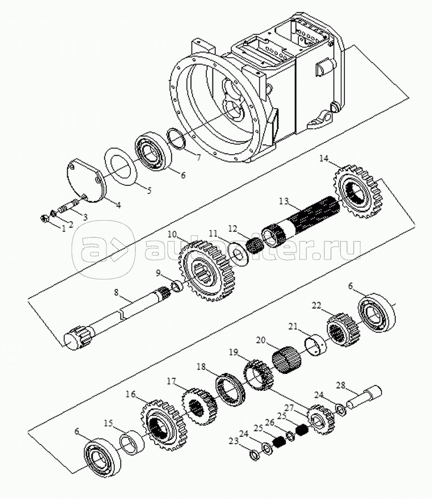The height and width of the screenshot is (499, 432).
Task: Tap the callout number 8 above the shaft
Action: (116, 291)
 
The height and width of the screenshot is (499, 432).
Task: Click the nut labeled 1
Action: (46, 219)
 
